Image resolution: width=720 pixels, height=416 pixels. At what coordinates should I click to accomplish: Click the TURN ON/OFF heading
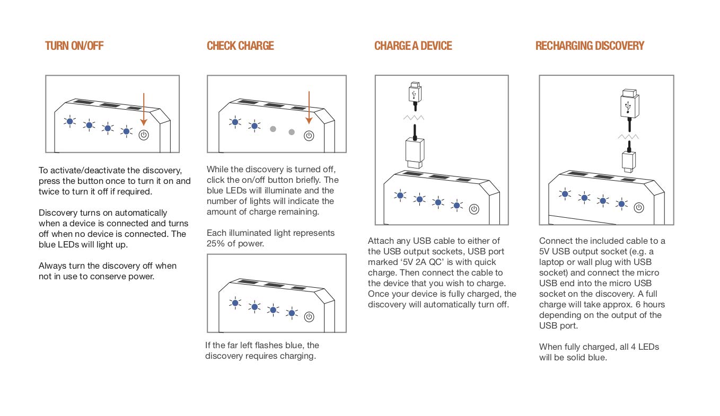[x=74, y=46]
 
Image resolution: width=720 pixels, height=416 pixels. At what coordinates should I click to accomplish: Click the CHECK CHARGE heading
[x=240, y=46]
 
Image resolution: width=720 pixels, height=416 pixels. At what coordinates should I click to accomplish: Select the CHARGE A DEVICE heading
[x=413, y=46]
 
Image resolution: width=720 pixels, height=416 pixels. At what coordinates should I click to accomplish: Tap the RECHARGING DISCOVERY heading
[x=590, y=46]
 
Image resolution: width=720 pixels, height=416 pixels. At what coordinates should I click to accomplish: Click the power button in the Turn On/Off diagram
[x=144, y=135]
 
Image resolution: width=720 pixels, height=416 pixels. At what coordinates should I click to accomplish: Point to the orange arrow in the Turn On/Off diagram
[x=144, y=109]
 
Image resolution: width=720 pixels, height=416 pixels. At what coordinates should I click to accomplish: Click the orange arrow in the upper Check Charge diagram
[x=309, y=109]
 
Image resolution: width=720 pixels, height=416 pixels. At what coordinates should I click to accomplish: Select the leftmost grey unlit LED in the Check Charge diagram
[x=273, y=129]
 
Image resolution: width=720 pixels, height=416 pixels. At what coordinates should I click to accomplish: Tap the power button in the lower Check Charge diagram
[x=309, y=317]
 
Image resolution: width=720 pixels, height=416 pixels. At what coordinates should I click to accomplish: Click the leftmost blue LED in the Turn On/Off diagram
[x=70, y=121]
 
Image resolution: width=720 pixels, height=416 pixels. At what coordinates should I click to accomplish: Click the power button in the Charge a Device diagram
[x=474, y=209]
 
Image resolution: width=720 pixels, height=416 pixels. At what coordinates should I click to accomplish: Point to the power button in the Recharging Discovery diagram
[x=639, y=208]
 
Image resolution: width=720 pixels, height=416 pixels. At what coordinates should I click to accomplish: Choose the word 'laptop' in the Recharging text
[x=552, y=262]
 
